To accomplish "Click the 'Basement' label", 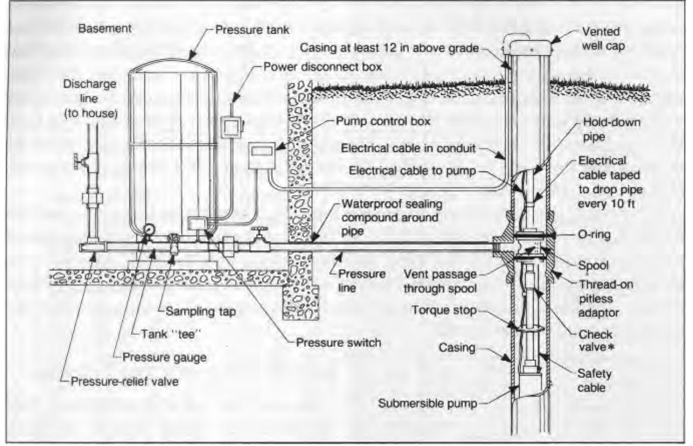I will pos(105,29).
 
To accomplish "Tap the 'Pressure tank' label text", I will pos(252,30).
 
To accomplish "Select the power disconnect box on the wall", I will pos(230,127).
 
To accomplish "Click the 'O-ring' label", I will pos(594,234).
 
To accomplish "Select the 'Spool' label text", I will pos(593,266).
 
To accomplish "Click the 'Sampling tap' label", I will pos(200,311).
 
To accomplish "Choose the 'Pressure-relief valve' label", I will pos(124,381).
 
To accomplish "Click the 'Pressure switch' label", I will pos(338,343).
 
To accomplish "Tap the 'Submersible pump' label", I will pos(427,403).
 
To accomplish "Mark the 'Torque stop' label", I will pos(443,310).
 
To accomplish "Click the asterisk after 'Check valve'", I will pos(610,347).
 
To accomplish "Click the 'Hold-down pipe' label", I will pos(611,129).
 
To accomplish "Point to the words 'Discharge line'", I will pos(89,91).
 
